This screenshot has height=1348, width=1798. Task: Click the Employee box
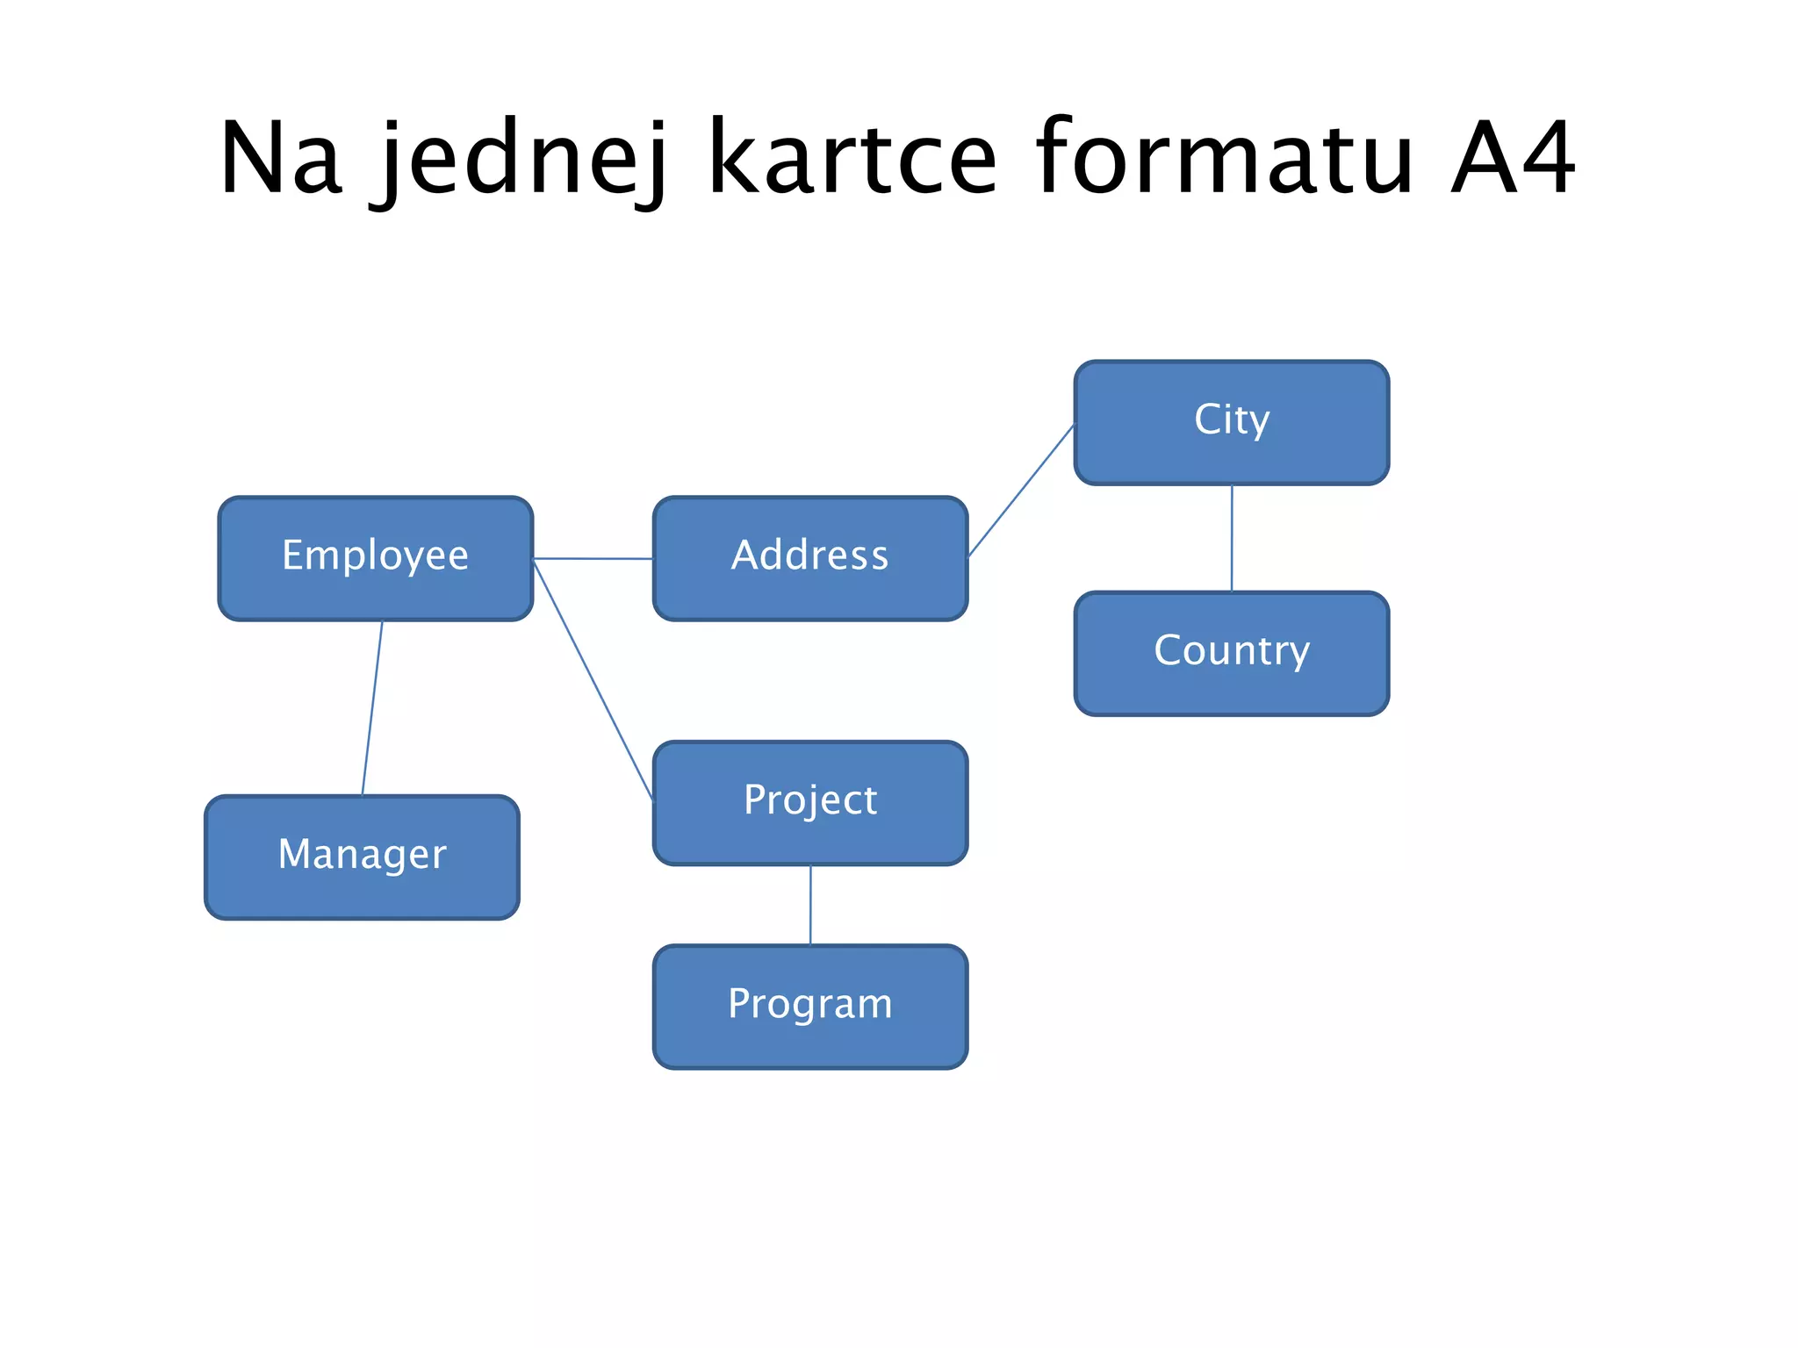pyautogui.click(x=375, y=558)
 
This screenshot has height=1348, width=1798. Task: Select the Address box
pyautogui.click(x=809, y=558)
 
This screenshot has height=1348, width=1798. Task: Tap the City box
pyautogui.click(x=1231, y=422)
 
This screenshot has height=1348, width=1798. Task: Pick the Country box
pyautogui.click(x=1231, y=653)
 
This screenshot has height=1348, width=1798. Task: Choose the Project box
pyautogui.click(x=809, y=802)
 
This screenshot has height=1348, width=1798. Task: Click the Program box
pyautogui.click(x=809, y=1006)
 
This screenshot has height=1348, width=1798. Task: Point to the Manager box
pyautogui.click(x=362, y=857)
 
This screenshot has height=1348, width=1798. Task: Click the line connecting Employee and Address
pyautogui.click(x=593, y=558)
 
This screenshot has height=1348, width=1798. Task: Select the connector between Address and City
pyautogui.click(x=1021, y=491)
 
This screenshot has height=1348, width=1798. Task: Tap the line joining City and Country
pyautogui.click(x=1232, y=538)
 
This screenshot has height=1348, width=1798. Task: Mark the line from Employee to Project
pyautogui.click(x=593, y=681)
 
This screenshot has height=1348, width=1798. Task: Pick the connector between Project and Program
pyautogui.click(x=810, y=905)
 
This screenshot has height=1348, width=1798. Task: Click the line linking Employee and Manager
pyautogui.click(x=372, y=707)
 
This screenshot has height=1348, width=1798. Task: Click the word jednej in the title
pyautogui.click(x=523, y=160)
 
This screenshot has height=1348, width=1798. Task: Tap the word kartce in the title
pyautogui.click(x=852, y=160)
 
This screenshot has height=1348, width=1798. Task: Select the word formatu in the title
pyautogui.click(x=1224, y=160)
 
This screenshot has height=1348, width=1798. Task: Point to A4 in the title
pyautogui.click(x=1512, y=160)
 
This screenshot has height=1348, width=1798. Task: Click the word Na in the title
pyautogui.click(x=279, y=160)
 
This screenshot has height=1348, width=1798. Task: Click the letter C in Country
pyautogui.click(x=1170, y=650)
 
